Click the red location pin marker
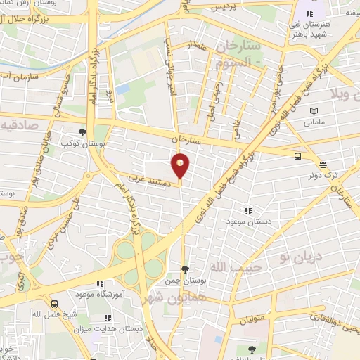[x=181, y=165]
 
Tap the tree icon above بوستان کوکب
[x=83, y=131]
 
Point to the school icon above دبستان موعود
[x=247, y=210]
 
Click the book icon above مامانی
[x=313, y=110]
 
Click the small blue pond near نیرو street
[x=123, y=89]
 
